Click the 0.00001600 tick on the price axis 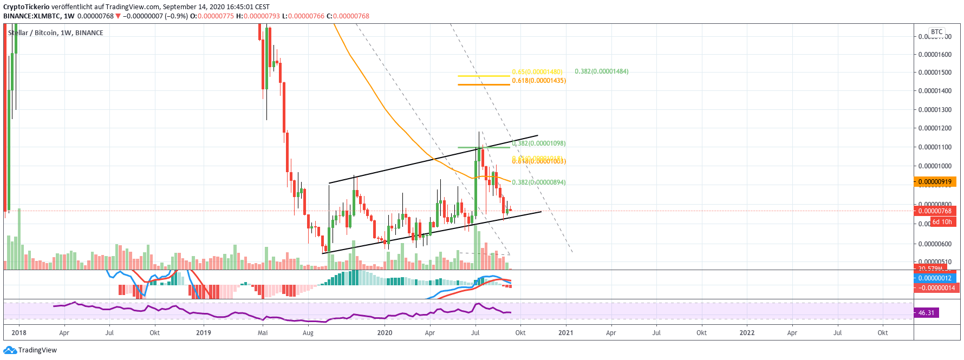click(935, 55)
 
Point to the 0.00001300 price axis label click(935, 110)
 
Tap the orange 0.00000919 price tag click(935, 182)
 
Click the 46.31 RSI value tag click(927, 313)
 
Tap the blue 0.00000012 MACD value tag click(935, 278)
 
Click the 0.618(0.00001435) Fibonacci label click(539, 81)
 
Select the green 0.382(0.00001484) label click(601, 71)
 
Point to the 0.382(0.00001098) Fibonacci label click(539, 143)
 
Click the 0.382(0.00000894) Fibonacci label click(539, 182)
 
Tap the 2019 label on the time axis click(204, 333)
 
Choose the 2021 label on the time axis click(566, 333)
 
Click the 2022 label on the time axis click(747, 333)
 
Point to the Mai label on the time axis click(263, 333)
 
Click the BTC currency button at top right click(937, 32)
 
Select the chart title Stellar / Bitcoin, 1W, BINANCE click(55, 33)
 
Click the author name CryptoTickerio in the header click(27, 7)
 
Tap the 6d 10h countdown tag click(942, 222)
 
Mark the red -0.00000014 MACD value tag click(936, 288)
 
